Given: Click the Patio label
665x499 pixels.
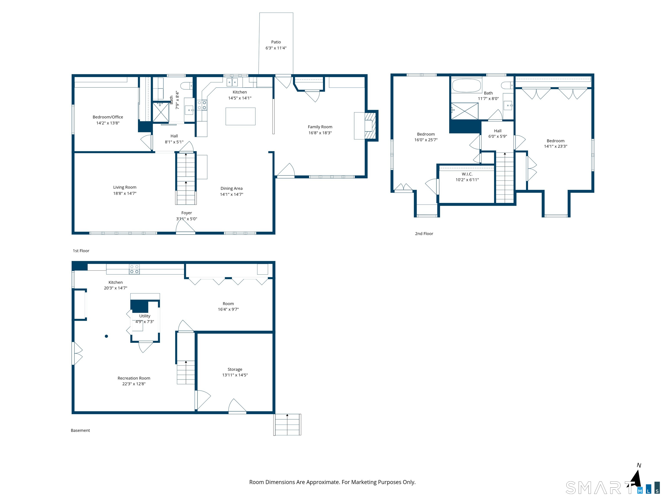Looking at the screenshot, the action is click(x=276, y=42).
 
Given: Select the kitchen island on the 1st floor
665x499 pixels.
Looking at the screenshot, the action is click(x=240, y=116).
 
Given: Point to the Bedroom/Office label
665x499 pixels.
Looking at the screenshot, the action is click(x=108, y=117).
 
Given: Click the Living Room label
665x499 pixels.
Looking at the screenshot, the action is click(x=125, y=187).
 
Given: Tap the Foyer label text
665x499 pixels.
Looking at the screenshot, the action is click(x=186, y=213).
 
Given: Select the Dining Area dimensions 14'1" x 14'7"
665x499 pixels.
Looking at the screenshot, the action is click(x=231, y=194).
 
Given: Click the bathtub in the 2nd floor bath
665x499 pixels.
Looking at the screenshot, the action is click(x=466, y=86).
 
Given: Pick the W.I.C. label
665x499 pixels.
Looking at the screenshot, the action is click(x=467, y=174).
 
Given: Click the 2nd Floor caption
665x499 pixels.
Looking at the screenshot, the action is click(x=424, y=234).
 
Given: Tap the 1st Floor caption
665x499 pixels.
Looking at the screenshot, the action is click(x=81, y=251).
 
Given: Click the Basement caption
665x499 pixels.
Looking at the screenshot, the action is click(x=80, y=430).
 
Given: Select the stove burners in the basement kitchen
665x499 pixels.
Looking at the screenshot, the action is click(x=134, y=269).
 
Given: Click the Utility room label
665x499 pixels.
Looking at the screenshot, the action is click(x=145, y=316).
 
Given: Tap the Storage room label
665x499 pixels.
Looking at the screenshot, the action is click(x=235, y=369).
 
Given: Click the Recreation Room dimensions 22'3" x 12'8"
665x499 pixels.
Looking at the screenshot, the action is click(x=134, y=384).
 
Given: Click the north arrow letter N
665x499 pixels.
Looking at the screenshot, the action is click(x=639, y=465).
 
